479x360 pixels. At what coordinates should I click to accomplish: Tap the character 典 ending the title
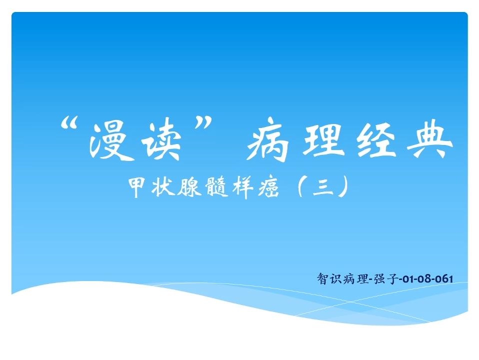click(429, 140)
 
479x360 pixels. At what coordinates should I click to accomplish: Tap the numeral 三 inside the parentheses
click(323, 186)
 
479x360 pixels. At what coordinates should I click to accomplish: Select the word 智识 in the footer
click(329, 278)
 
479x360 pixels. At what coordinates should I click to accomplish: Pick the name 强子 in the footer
click(385, 278)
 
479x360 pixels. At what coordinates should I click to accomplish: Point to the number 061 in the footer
click(444, 279)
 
